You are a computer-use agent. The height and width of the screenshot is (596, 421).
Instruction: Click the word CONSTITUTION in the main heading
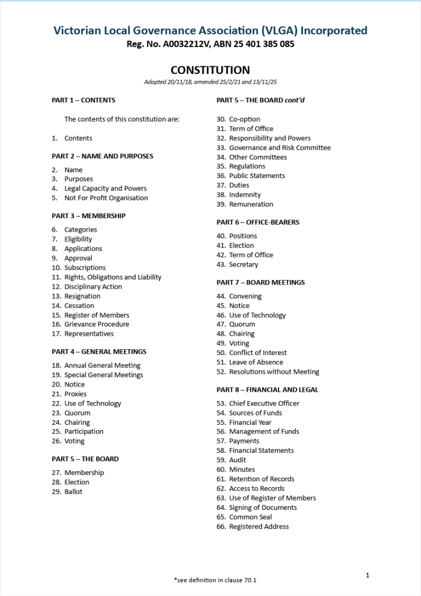click(x=210, y=70)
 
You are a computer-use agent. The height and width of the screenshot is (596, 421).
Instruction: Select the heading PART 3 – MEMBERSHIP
click(x=88, y=216)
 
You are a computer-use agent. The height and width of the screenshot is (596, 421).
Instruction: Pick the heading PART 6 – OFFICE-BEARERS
click(x=258, y=222)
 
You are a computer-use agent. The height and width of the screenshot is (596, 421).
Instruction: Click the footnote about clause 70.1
click(x=215, y=580)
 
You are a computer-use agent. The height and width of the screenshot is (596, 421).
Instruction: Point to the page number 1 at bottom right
click(x=368, y=576)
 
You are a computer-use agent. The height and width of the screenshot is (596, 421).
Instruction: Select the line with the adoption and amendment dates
click(x=210, y=83)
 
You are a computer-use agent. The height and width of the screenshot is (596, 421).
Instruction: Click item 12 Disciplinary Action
click(x=93, y=286)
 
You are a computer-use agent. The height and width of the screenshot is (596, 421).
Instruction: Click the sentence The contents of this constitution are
click(x=122, y=119)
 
